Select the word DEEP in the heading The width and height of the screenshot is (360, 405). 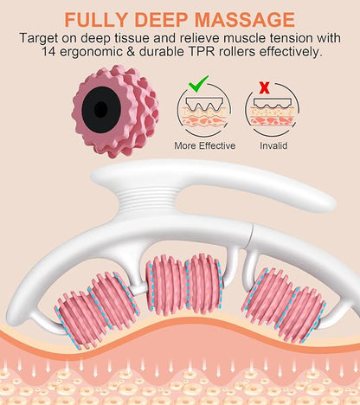pyautogui.click(x=162, y=19)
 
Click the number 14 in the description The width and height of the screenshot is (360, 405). pyautogui.click(x=49, y=52)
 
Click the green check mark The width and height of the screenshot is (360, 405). pyautogui.click(x=198, y=83)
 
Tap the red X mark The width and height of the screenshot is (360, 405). pyautogui.click(x=265, y=87)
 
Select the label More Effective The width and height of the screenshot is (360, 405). pyautogui.click(x=205, y=145)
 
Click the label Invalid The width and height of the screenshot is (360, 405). pyautogui.click(x=273, y=145)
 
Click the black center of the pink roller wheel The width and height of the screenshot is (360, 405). pyautogui.click(x=101, y=109)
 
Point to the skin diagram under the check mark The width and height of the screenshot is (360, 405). pyautogui.click(x=204, y=111)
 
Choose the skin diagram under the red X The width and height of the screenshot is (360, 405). pyautogui.click(x=273, y=111)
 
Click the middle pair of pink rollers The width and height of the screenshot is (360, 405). pyautogui.click(x=184, y=285)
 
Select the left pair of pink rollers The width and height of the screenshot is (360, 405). pyautogui.click(x=97, y=310)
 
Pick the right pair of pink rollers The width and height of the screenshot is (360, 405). pyautogui.click(x=284, y=305)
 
